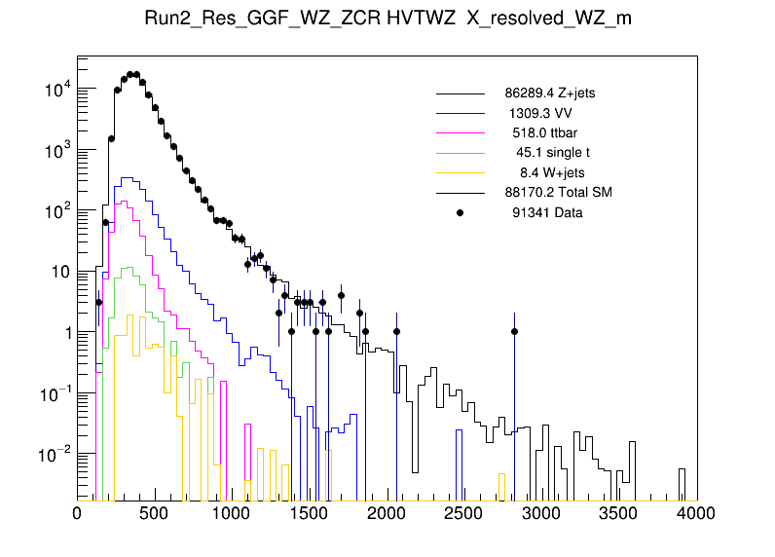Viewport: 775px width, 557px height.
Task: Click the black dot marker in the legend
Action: [x=460, y=211]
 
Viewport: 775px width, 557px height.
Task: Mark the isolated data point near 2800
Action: [x=514, y=332]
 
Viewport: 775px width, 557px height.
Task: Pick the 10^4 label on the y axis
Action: [x=55, y=90]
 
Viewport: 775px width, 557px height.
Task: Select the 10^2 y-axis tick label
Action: [x=55, y=211]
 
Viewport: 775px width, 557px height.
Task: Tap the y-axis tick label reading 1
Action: [x=66, y=333]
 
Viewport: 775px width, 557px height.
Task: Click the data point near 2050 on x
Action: [x=396, y=332]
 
